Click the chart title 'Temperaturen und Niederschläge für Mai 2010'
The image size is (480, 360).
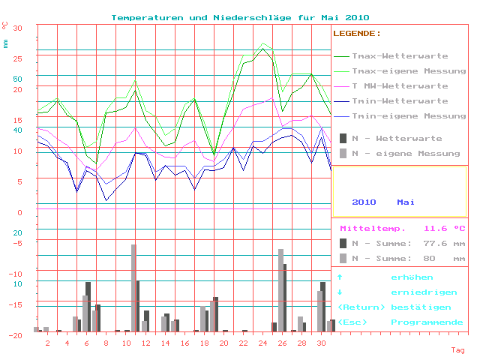tap(240, 17)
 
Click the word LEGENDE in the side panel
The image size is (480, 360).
tap(356, 34)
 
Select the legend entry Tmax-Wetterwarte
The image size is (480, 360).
tap(400, 56)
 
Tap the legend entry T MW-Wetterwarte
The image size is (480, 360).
tap(400, 86)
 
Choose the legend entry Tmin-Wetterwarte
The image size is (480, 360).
tap(400, 101)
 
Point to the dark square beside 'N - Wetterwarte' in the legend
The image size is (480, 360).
tap(343, 139)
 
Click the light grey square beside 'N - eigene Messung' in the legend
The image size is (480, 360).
tap(343, 154)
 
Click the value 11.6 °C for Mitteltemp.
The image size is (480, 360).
tap(444, 228)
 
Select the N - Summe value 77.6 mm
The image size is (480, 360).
tap(444, 243)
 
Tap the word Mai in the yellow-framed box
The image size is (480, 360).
tap(406, 202)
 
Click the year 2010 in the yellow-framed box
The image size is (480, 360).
tap(364, 202)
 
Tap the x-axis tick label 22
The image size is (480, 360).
tap(243, 343)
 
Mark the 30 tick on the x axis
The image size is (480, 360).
tap(322, 343)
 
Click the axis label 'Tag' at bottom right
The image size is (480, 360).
tap(457, 350)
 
